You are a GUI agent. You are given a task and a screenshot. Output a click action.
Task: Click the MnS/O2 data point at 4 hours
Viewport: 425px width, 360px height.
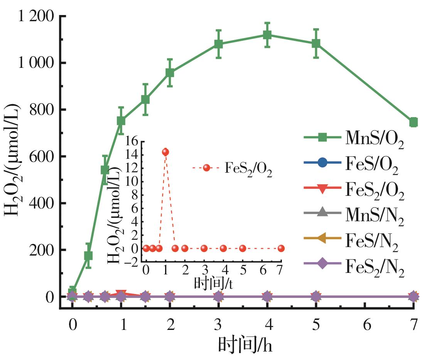[267, 35]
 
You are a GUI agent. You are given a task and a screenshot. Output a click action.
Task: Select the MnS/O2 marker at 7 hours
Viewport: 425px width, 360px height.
[413, 122]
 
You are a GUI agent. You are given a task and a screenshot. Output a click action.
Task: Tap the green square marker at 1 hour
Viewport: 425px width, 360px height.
[121, 121]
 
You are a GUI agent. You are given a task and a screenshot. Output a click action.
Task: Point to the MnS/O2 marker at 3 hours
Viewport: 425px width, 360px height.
[218, 44]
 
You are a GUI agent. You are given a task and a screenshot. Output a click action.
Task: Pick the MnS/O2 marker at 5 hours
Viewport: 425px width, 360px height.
[316, 43]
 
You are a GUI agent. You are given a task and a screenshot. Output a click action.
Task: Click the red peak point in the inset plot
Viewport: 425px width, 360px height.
[165, 152]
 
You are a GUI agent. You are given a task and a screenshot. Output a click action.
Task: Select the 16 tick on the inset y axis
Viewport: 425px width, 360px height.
[131, 141]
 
